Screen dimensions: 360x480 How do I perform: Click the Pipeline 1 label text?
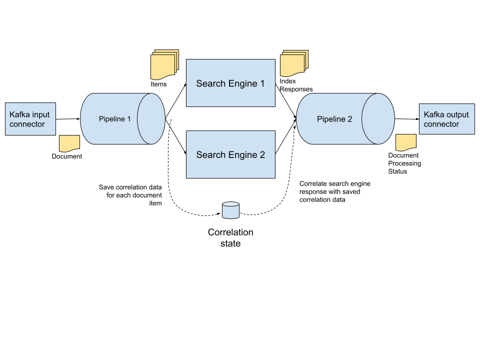[x=114, y=119]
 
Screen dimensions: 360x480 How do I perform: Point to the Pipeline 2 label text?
[x=334, y=119]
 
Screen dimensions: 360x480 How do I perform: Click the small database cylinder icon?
[x=230, y=210]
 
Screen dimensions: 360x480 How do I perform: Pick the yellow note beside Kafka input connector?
[x=69, y=143]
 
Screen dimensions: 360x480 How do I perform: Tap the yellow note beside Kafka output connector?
[x=406, y=142]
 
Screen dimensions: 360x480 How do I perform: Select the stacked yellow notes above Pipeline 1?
[x=164, y=64]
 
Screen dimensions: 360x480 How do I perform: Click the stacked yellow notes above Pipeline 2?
[x=293, y=63]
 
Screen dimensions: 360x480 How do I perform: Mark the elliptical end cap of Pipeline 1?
[x=151, y=118]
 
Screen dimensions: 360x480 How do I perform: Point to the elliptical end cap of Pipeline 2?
[x=378, y=119]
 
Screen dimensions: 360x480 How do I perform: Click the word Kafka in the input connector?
[x=19, y=114]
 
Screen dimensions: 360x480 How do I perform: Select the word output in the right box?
[x=457, y=114]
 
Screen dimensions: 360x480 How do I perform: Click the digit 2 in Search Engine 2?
[x=262, y=155]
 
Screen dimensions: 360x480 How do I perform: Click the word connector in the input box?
[x=27, y=124]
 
